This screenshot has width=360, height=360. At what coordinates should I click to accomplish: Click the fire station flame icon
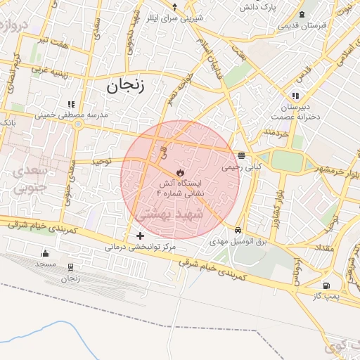[x=180, y=172]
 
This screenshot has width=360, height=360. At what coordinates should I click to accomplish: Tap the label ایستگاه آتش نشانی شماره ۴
[x=180, y=187]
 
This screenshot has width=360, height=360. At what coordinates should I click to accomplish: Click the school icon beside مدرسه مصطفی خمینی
[x=70, y=103]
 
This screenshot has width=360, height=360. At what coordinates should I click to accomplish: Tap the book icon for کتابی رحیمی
[x=241, y=155]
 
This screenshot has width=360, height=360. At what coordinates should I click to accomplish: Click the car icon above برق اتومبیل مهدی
[x=239, y=230]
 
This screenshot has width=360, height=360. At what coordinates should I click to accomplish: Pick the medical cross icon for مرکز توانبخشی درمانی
[x=141, y=236]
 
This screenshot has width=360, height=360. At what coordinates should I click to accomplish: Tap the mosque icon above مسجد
[x=46, y=253]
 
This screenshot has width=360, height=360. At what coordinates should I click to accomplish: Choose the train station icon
[x=70, y=267]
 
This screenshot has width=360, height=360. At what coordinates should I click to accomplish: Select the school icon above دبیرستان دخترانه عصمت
[x=296, y=95]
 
